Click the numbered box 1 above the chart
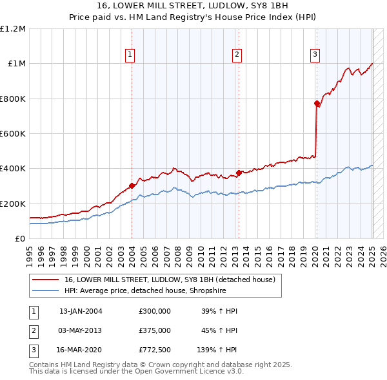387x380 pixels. coord(130,55)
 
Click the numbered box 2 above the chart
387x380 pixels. coord(237,55)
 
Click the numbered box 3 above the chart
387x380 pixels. coord(315,55)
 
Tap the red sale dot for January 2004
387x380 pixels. coord(132,185)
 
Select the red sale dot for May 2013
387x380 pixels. coord(239,173)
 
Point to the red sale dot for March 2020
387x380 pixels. coord(317,103)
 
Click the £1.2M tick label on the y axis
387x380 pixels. coord(13,29)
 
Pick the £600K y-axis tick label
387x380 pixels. coord(13,134)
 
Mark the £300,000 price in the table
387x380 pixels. coord(154,311)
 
